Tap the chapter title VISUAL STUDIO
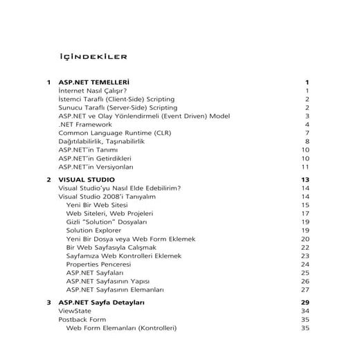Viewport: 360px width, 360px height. click(87, 179)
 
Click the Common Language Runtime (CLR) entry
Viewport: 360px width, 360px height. click(115, 133)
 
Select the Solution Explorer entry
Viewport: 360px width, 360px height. click(93, 231)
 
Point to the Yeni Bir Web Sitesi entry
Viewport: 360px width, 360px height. click(98, 205)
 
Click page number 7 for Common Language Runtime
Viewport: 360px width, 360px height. click(306, 133)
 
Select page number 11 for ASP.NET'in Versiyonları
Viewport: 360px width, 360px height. click(305, 167)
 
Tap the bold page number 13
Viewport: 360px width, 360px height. click(305, 179)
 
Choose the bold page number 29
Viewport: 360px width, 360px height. click(305, 303)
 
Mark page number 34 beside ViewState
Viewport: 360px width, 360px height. click(305, 312)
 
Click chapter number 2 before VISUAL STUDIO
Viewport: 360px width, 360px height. click(48, 179)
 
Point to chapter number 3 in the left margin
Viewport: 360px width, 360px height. click(48, 303)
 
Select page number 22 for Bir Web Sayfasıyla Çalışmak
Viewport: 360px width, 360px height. click(305, 247)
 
